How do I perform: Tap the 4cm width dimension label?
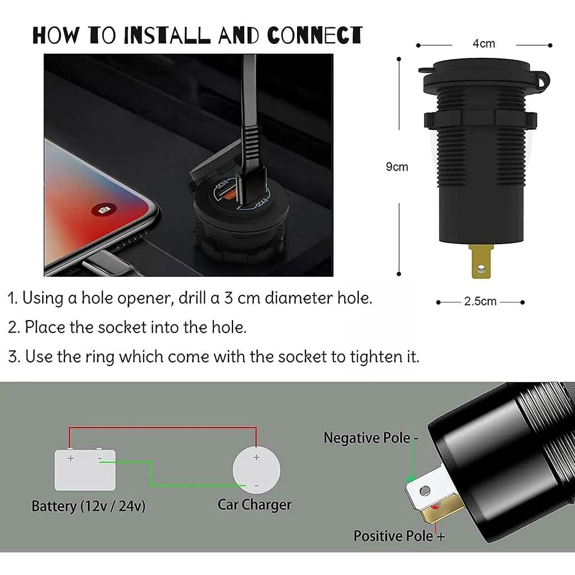pos(483,44)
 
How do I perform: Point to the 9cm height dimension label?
pos(396,167)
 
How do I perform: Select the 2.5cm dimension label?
pos(480,302)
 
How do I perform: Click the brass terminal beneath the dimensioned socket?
pos(480,262)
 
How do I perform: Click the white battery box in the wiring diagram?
pos(85,469)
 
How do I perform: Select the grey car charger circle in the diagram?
pos(256,470)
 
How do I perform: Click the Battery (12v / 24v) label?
pos(88,506)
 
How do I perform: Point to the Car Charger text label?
pos(254,504)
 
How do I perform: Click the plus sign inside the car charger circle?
pos(256,457)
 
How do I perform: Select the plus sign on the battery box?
pos(71,458)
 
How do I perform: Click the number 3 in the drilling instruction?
pos(228,298)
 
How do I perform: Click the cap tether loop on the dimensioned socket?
pos(541,81)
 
